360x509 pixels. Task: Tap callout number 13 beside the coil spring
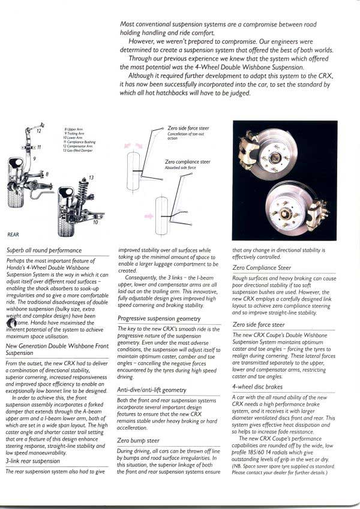click(91, 177)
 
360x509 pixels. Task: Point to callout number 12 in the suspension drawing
click(40, 130)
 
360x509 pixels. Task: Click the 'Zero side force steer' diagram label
click(188, 128)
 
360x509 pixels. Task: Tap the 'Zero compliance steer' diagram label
click(187, 162)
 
